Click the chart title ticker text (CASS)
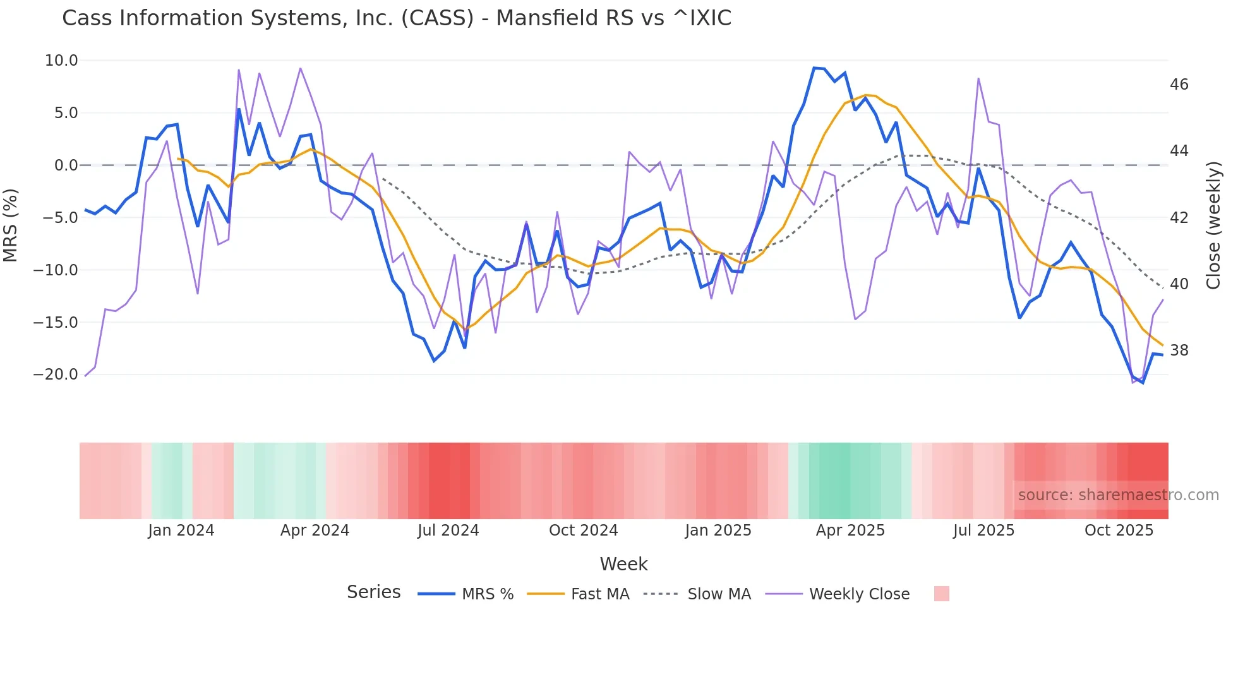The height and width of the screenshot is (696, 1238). coord(437,18)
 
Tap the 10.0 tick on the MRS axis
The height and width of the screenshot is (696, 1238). coord(61,61)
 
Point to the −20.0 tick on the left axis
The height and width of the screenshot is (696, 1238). coord(56,375)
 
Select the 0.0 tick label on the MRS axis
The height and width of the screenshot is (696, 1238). coord(66,165)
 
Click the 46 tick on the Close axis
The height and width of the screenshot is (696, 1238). coord(1179,85)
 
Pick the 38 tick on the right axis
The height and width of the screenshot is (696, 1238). coord(1179,351)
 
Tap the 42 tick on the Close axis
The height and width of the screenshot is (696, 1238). coord(1179,218)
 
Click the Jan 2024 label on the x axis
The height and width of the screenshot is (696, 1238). coord(181,531)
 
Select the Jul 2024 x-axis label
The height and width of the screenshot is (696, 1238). coord(448,531)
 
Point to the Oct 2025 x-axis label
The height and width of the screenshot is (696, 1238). coord(1119,531)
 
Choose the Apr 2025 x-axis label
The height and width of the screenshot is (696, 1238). coord(850,531)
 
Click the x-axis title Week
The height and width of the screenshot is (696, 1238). coord(623,564)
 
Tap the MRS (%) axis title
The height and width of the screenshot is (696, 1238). coord(11,225)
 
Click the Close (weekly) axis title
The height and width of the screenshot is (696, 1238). coord(1213,225)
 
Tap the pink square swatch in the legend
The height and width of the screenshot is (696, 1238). coord(941,594)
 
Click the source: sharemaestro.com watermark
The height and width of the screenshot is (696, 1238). coord(1118,495)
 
